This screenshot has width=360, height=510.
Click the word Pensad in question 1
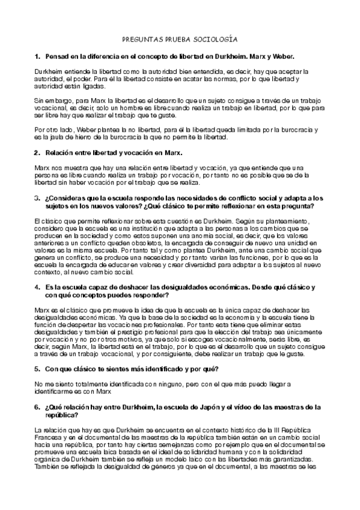point(56,56)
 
